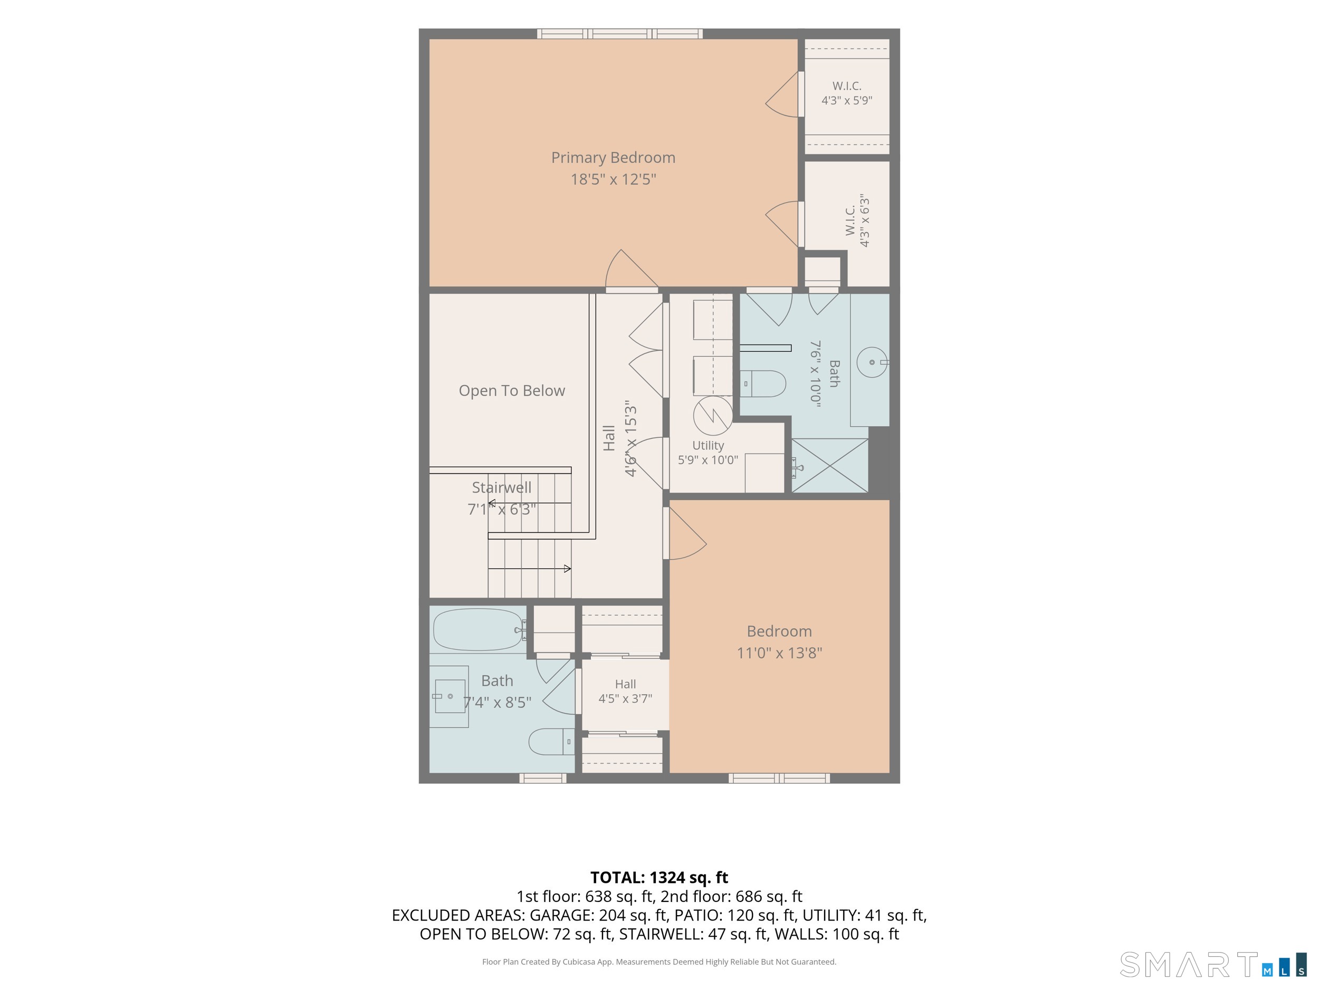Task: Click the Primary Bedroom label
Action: point(613,158)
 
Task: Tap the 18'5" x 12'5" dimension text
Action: point(613,179)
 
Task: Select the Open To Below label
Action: point(512,390)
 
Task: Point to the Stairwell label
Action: point(501,488)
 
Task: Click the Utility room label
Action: point(709,445)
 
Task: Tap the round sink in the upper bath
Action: point(872,362)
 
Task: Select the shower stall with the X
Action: point(829,466)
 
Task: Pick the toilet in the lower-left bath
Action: point(551,742)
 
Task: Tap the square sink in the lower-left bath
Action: point(450,696)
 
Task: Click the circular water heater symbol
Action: point(713,416)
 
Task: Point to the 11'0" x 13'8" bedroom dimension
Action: point(779,653)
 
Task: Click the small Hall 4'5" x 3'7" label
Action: point(626,691)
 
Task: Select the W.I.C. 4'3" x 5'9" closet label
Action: point(847,93)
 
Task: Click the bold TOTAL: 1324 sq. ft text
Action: point(659,878)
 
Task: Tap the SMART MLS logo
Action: point(1213,965)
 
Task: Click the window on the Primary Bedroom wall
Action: point(619,33)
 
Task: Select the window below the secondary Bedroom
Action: point(779,778)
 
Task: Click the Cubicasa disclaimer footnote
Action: point(659,962)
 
